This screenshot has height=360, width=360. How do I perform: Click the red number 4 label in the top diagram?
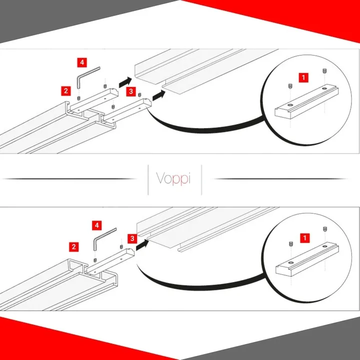(x=82, y=62)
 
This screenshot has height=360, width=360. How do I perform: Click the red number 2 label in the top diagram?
(x=66, y=91)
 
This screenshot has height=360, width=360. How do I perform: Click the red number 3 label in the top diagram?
(x=131, y=91)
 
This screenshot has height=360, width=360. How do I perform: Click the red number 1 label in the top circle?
(x=303, y=77)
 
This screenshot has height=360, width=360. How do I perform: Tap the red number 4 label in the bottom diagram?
(x=96, y=225)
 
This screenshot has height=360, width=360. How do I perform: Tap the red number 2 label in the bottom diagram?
(x=73, y=247)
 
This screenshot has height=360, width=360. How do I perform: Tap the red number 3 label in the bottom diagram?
(x=132, y=238)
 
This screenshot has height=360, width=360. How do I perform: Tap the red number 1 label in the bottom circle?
(x=305, y=238)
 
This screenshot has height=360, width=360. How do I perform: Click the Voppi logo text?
(x=173, y=178)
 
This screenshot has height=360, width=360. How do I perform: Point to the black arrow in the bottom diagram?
(x=141, y=244)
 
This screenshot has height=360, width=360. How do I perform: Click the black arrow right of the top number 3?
(x=159, y=95)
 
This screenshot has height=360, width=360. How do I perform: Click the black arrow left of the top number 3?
(x=125, y=82)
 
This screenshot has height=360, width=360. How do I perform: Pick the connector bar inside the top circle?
(x=306, y=101)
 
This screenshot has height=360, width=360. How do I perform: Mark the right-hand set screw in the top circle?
(x=324, y=71)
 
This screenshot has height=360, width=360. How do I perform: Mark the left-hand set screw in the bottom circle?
(x=290, y=244)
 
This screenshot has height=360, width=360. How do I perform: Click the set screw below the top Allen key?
(x=78, y=98)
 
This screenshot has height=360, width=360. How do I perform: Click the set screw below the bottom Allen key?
(x=95, y=260)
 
